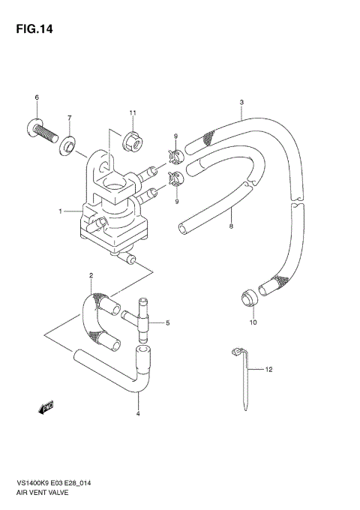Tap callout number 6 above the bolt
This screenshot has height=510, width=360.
pos(36,98)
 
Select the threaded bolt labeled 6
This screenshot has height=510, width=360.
pos(44,132)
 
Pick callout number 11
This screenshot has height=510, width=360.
pos(132,113)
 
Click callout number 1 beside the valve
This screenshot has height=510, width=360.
pos(61,211)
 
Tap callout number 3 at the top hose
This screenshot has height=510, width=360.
pos(241,102)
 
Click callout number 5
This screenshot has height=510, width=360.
pos(168,323)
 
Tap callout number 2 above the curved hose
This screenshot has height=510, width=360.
pos(91,276)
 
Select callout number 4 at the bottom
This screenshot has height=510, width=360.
pos(138,414)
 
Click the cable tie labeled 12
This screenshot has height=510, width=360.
pos(244,379)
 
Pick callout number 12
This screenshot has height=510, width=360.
pos(270,370)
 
